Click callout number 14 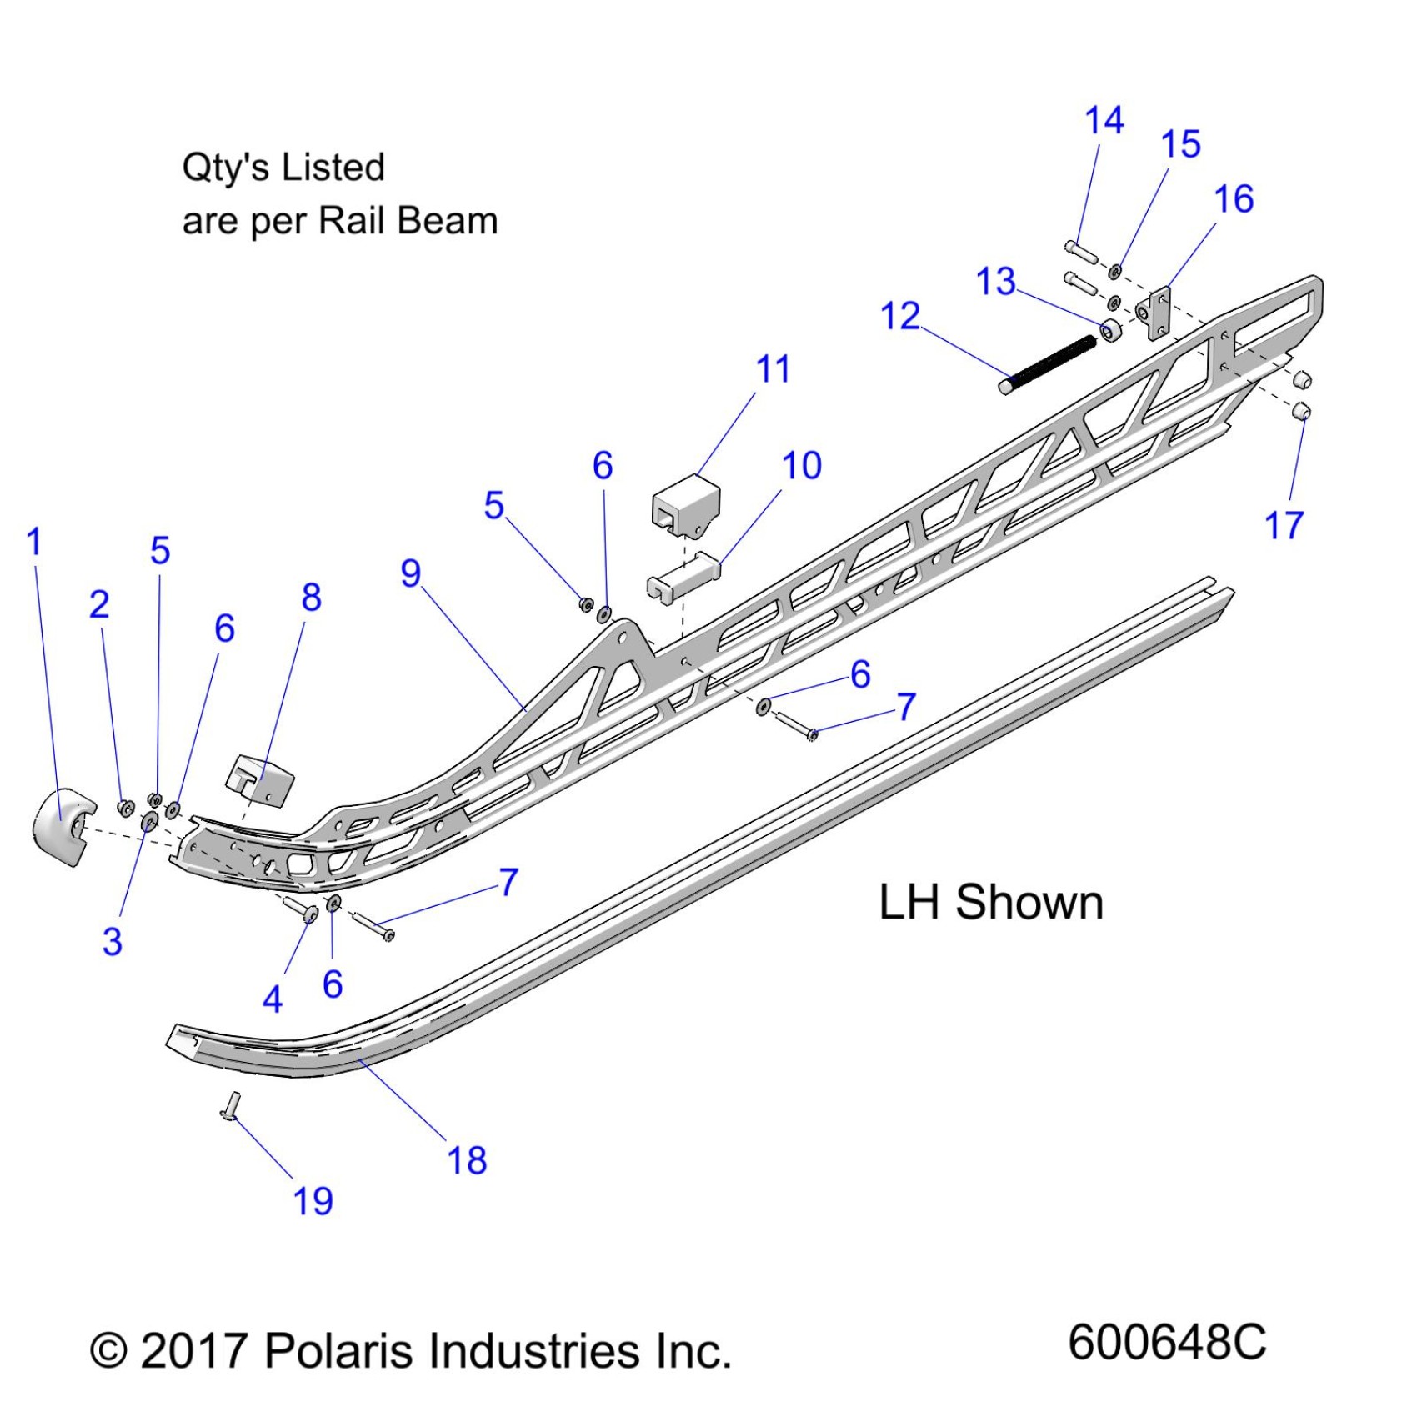pos(1104,121)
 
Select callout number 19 pos(313,1201)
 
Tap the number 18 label pos(467,1160)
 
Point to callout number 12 pos(900,317)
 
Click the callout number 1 pos(33,542)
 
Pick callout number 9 pos(411,573)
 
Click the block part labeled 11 pos(685,504)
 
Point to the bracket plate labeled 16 pos(1159,313)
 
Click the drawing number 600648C pos(1167,1342)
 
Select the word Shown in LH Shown pos(1029,902)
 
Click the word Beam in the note pos(448,221)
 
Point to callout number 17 pos(1284,525)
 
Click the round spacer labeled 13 pos(1111,331)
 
